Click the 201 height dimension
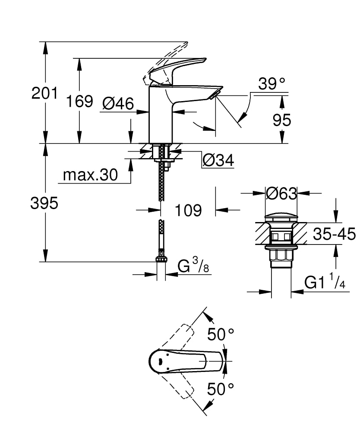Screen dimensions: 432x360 click(x=44, y=93)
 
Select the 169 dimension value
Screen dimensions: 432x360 click(x=79, y=101)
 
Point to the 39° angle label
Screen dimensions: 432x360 click(x=272, y=84)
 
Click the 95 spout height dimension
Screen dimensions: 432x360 click(x=281, y=121)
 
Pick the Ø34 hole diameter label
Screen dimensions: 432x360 click(x=218, y=161)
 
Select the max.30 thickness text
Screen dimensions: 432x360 click(x=90, y=175)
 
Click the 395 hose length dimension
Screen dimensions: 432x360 click(x=44, y=203)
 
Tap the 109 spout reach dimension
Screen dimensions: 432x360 click(x=188, y=210)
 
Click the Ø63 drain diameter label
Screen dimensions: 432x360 click(x=281, y=194)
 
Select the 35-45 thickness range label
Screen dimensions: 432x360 click(x=334, y=234)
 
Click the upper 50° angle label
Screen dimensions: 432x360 click(x=221, y=334)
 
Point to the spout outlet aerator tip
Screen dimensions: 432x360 click(x=215, y=93)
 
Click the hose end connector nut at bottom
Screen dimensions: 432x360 click(x=161, y=260)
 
